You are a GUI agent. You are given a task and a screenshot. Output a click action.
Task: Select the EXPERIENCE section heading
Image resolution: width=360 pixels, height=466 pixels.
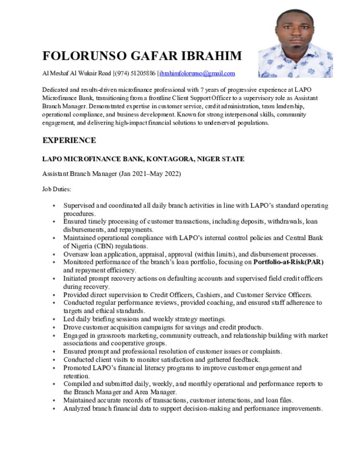point(69,140)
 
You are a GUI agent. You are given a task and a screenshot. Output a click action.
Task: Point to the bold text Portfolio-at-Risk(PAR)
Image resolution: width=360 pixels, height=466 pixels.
point(289,262)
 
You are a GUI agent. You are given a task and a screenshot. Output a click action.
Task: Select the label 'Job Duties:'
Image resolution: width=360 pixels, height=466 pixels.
point(57,188)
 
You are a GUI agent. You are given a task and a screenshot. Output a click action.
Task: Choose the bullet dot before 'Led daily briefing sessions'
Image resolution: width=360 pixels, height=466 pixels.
point(54,319)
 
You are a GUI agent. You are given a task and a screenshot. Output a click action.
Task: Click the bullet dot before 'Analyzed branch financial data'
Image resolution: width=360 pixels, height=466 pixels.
point(54,409)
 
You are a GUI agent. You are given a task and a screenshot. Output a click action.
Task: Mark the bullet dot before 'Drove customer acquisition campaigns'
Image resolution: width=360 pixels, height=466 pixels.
point(54,328)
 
